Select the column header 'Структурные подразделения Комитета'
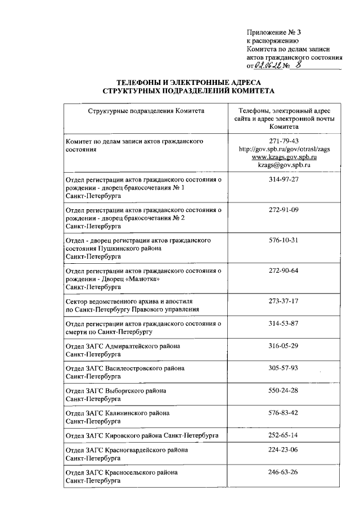(x=146, y=111)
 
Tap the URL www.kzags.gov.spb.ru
(x=283, y=158)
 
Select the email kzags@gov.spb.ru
(x=283, y=166)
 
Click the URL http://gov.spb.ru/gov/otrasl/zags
(x=283, y=150)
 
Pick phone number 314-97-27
(x=283, y=179)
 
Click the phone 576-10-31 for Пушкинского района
(x=283, y=240)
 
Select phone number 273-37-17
(x=283, y=301)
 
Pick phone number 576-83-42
(x=283, y=412)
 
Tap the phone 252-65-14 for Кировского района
(x=283, y=435)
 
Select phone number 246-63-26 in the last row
(x=283, y=472)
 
